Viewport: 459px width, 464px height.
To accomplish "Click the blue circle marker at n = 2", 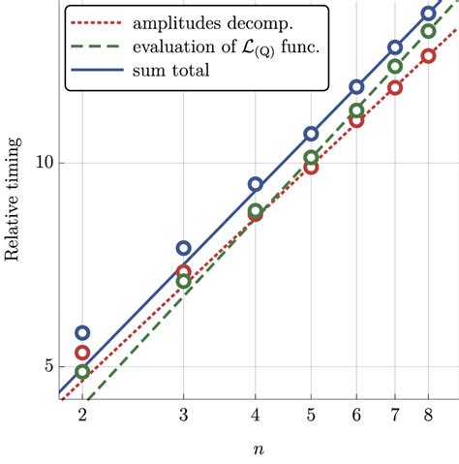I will pos(82,333).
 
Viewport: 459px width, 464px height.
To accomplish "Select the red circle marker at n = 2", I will pos(82,354).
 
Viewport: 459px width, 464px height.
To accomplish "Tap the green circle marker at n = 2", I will pos(82,371).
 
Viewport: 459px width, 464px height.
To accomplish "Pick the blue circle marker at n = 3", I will pos(184,249).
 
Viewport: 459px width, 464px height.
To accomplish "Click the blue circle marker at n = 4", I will pos(256,184).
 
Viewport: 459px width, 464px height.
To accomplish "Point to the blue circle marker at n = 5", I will pos(311,134).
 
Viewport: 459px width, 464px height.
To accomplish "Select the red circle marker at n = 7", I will pos(395,87).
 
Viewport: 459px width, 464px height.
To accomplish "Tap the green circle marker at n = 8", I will pos(429,31).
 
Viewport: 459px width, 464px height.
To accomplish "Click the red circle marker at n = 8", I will pos(429,56).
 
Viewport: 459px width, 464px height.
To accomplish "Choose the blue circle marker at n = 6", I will pos(356,87).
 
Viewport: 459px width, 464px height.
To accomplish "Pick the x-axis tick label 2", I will pos(82,414).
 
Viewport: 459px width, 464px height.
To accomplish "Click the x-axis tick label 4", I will pos(256,414).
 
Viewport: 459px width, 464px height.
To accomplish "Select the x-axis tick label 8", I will pos(429,414).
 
